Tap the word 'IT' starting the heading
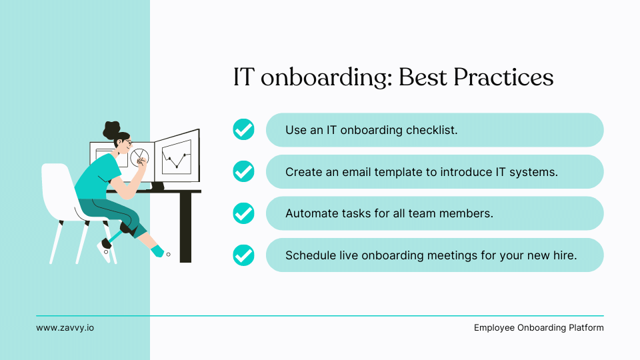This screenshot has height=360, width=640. pyautogui.click(x=243, y=78)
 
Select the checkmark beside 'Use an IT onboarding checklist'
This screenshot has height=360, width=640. pyautogui.click(x=243, y=129)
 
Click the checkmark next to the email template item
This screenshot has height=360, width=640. pyautogui.click(x=243, y=171)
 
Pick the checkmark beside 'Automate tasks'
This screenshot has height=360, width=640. pyautogui.click(x=243, y=213)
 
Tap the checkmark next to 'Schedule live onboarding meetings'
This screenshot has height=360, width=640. pyautogui.click(x=243, y=255)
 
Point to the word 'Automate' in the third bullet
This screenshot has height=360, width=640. pyautogui.click(x=309, y=213)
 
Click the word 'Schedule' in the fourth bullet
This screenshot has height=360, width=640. pyautogui.click(x=309, y=255)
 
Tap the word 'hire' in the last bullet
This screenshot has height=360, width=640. pyautogui.click(x=564, y=255)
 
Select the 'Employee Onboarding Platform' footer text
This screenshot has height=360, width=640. pyautogui.click(x=539, y=328)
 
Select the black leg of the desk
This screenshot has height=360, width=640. pyautogui.click(x=185, y=227)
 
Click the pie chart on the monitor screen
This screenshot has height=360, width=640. pyautogui.click(x=140, y=158)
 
